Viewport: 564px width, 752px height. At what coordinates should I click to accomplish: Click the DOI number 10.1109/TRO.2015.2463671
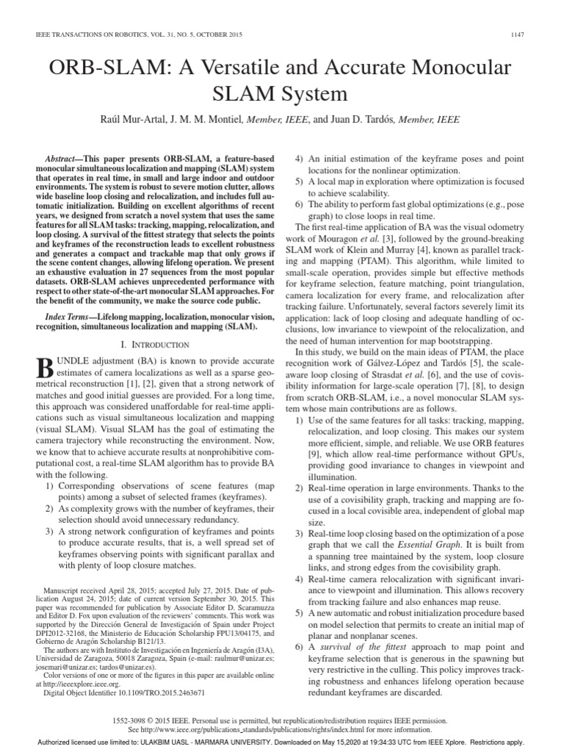coord(157,692)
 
